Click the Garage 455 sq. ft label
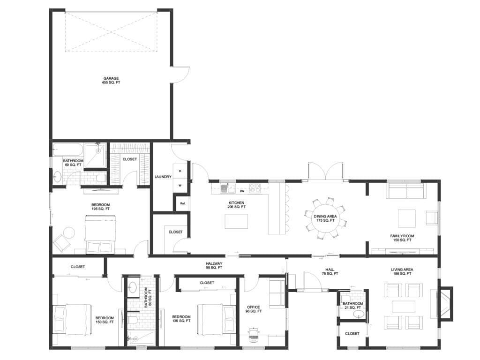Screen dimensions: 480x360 [x=111, y=81]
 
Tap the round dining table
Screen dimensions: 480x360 [x=325, y=218]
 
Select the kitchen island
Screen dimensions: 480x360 [x=236, y=221]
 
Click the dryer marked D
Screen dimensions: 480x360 [x=180, y=171]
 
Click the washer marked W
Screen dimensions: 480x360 [x=180, y=186]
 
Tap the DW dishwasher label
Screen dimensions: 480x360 [x=242, y=191]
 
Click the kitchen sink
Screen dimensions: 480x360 [x=227, y=188]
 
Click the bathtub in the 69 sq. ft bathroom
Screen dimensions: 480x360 [x=67, y=150]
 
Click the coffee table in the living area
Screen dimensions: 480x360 [x=404, y=307]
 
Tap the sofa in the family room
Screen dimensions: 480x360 [x=406, y=190]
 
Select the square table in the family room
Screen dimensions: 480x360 [x=406, y=218]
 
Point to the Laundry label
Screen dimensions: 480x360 [x=163, y=177]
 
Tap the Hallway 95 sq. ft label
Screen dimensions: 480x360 [x=214, y=265]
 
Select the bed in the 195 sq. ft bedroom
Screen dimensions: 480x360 [x=100, y=235]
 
